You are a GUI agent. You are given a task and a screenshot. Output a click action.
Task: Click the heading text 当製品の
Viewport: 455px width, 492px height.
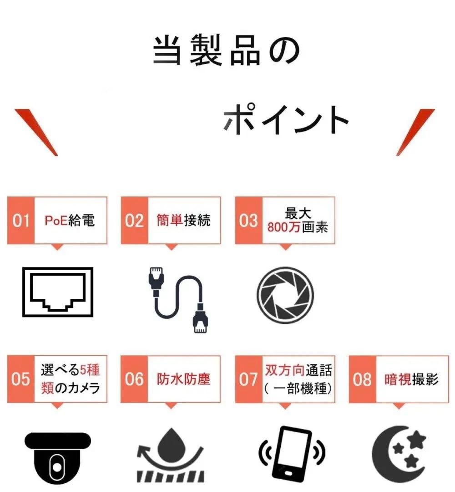[x=226, y=51]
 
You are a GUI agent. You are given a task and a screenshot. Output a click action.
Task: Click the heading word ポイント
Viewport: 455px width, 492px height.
[x=286, y=119]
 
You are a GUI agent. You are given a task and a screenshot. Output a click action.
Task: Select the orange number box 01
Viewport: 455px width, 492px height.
[x=21, y=221]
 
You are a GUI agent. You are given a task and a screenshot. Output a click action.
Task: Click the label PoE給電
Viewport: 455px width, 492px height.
[x=70, y=220]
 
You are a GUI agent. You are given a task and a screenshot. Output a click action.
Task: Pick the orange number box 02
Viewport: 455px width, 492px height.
[x=134, y=221]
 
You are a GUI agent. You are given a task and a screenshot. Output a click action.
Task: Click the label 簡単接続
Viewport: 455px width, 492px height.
[x=183, y=220]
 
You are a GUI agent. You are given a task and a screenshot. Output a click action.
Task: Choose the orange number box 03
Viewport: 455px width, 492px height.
[x=248, y=221]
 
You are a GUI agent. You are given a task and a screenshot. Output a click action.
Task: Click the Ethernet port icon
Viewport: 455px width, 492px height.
[x=57, y=292]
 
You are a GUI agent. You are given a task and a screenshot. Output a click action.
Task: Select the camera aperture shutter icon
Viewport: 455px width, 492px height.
[x=285, y=292]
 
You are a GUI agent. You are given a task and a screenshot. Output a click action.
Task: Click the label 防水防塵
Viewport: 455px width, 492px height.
[x=184, y=379]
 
